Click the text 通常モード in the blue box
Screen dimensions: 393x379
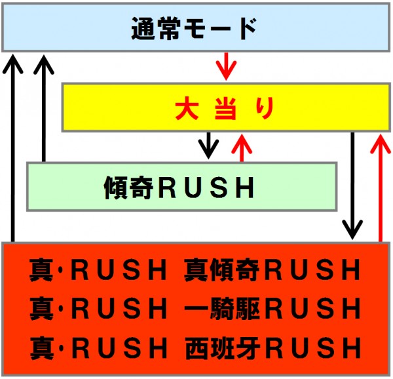pyautogui.click(x=194, y=28)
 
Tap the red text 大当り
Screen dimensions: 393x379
pyautogui.click(x=224, y=109)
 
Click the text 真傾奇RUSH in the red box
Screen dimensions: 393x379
pyautogui.click(x=272, y=269)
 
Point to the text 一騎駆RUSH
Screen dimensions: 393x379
pyautogui.click(x=272, y=309)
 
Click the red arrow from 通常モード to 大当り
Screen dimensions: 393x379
pyautogui.click(x=227, y=66)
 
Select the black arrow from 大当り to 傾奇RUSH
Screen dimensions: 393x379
pyautogui.click(x=208, y=146)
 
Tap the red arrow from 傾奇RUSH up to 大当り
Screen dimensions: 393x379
pyautogui.click(x=242, y=148)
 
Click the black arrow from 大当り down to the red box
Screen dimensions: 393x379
pyautogui.click(x=352, y=186)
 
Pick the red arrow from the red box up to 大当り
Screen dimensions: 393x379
pyautogui.click(x=381, y=188)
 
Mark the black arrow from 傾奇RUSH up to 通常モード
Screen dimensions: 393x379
pyautogui.click(x=44, y=108)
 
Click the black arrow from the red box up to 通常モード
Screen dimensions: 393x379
pyautogui.click(x=13, y=148)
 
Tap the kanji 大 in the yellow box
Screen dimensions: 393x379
pyautogui.click(x=185, y=109)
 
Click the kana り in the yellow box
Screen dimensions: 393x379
pyautogui.click(x=265, y=109)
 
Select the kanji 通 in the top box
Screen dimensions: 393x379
pyautogui.click(x=143, y=29)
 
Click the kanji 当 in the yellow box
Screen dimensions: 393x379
pyautogui.click(x=225, y=110)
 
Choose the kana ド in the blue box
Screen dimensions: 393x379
pyautogui.click(x=247, y=28)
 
